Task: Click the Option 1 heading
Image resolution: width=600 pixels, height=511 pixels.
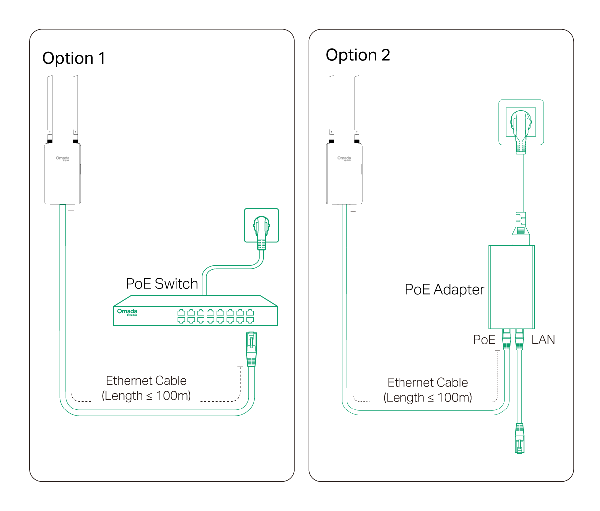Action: click(x=74, y=58)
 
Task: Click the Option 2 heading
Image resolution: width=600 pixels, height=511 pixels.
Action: click(x=358, y=55)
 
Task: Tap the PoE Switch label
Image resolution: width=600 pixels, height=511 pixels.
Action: click(x=162, y=284)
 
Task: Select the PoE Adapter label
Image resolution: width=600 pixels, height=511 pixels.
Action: click(x=444, y=290)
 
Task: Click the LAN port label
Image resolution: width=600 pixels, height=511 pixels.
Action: click(x=543, y=340)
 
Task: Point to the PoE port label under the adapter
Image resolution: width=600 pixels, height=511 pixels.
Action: click(x=484, y=340)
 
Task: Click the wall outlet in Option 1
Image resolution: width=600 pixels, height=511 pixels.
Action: click(x=261, y=225)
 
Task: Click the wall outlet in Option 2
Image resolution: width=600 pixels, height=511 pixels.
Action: click(x=521, y=122)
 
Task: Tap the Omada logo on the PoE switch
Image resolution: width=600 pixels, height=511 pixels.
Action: click(x=127, y=312)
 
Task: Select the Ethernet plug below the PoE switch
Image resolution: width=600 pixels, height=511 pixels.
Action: click(x=251, y=348)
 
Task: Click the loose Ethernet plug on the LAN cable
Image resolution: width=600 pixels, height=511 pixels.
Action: click(x=520, y=438)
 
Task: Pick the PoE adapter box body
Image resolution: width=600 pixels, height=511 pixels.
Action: click(x=511, y=287)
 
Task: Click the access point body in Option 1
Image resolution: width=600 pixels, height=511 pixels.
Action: click(x=63, y=174)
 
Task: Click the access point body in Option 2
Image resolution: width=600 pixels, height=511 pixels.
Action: click(x=344, y=174)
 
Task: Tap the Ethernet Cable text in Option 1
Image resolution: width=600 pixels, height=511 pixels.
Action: click(x=146, y=381)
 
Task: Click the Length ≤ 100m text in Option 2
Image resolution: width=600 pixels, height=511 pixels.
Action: click(x=427, y=398)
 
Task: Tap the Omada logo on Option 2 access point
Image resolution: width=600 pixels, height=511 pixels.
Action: click(x=344, y=158)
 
